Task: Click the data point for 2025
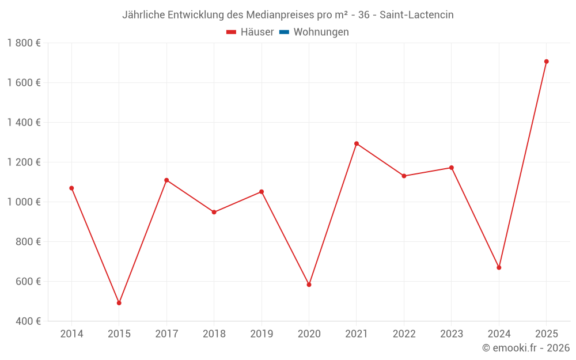tap(546, 62)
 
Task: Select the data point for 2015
tap(119, 303)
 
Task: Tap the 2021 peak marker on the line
tap(357, 143)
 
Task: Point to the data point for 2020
tap(309, 285)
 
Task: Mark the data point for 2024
tap(499, 267)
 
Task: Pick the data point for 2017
tap(166, 180)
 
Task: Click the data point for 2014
tap(71, 188)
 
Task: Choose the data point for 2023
tap(452, 168)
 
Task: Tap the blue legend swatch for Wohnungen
tap(284, 32)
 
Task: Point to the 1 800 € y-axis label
tap(24, 43)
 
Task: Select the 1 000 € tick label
tap(24, 202)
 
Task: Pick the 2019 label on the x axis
tap(262, 334)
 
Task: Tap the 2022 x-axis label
tap(404, 334)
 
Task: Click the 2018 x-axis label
tap(214, 334)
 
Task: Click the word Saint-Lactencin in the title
tap(416, 15)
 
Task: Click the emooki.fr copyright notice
tap(526, 348)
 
